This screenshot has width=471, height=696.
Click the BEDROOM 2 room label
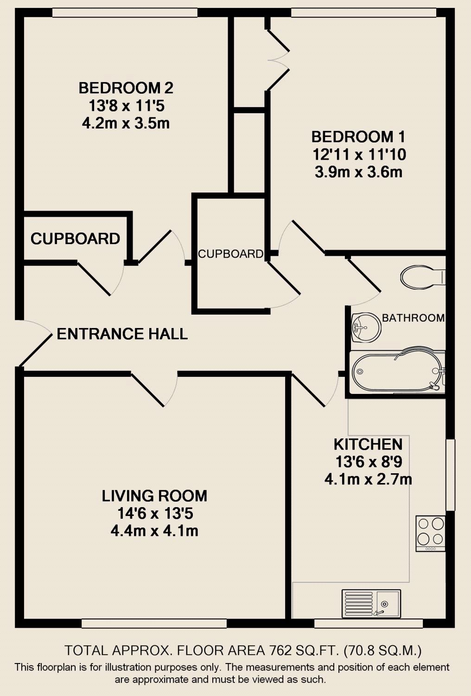pyautogui.click(x=126, y=88)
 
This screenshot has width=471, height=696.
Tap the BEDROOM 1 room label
pyautogui.click(x=358, y=137)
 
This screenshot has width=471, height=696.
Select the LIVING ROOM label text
pyautogui.click(x=154, y=496)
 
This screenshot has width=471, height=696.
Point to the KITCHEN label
pyautogui.click(x=368, y=445)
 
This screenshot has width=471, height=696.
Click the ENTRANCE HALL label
pyautogui.click(x=122, y=334)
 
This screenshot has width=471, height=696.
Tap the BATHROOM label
pyautogui.click(x=413, y=318)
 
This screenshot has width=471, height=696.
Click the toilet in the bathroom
pyautogui.click(x=423, y=276)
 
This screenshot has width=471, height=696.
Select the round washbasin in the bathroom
pyautogui.click(x=366, y=327)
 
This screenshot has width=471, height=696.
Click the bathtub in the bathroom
pyautogui.click(x=398, y=372)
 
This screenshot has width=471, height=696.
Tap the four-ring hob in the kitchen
pyautogui.click(x=431, y=533)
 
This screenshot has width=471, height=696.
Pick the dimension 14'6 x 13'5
pyautogui.click(x=155, y=513)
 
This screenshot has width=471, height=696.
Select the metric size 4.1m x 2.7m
pyautogui.click(x=368, y=479)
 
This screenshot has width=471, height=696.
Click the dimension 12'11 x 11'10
pyautogui.click(x=359, y=155)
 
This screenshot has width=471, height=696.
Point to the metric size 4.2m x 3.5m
pyautogui.click(x=126, y=123)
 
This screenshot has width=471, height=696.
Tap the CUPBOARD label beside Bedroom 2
pyautogui.click(x=75, y=238)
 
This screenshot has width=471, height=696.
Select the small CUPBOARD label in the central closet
pyautogui.click(x=230, y=254)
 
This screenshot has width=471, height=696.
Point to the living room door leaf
pyautogui.click(x=147, y=390)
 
